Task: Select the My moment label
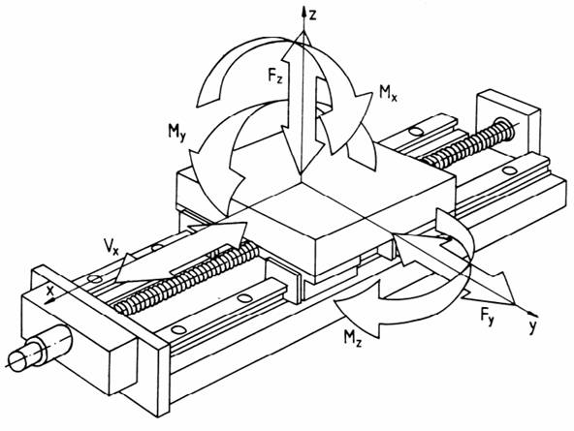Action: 177,132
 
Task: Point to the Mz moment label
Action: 352,337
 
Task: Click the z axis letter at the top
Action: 312,15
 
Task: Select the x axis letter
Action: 50,291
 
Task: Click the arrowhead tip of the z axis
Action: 303,6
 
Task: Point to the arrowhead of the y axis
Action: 535,314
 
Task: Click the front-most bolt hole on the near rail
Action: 179,329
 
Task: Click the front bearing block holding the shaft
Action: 80,342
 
